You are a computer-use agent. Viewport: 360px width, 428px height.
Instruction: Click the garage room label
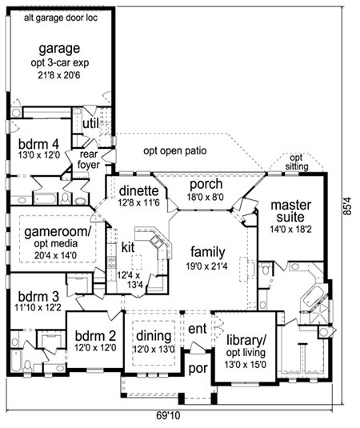point(59,49)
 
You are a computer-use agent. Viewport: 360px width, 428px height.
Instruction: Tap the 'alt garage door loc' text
point(61,18)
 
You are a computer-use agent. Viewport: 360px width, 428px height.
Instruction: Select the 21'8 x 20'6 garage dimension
point(59,75)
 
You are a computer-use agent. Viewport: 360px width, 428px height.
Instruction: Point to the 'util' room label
point(90,124)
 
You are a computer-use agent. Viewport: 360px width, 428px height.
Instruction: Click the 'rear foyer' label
point(89,160)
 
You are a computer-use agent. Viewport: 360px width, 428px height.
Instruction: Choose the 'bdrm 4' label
point(38,144)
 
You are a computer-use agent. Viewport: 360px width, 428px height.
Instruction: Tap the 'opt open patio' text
point(175,151)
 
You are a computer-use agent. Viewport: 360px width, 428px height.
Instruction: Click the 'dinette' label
point(139,190)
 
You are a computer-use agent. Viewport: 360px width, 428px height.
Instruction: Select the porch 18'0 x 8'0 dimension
point(206,197)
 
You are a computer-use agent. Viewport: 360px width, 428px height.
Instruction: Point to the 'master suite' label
point(290,211)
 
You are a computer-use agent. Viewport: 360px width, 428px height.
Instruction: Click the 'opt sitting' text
point(297,162)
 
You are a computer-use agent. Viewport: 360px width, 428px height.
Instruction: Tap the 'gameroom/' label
point(58,232)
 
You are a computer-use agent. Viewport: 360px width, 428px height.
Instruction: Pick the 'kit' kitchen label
point(128,247)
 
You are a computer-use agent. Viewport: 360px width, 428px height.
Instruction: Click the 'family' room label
point(208,253)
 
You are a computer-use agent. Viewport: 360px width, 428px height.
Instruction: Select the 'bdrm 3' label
point(38,296)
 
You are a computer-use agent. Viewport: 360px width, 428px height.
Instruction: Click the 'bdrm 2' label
point(95,336)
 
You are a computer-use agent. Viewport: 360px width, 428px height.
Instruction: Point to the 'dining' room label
point(154,336)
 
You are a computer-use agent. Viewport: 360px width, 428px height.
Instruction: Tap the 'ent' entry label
point(198,329)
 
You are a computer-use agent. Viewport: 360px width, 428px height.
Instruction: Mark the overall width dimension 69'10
point(169,416)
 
